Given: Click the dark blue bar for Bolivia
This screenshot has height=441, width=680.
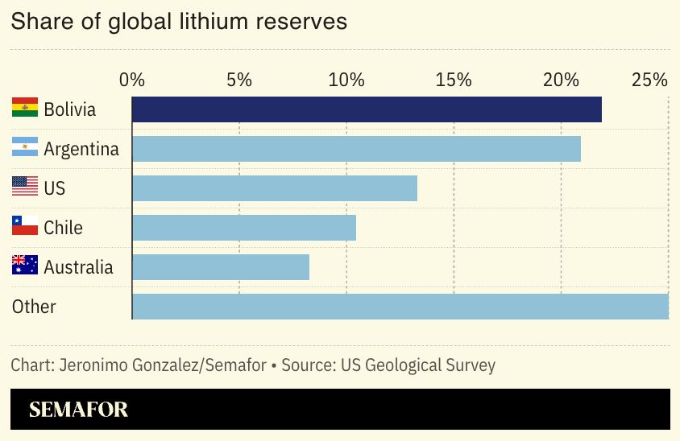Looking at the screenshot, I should click(x=367, y=109).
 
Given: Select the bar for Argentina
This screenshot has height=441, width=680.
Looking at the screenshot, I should click(x=356, y=149).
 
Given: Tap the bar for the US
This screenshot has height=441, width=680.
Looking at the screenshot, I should click(x=274, y=188).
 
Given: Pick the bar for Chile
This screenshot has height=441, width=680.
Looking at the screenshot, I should click(x=243, y=228).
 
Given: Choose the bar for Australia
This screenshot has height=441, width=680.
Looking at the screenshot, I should click(x=220, y=267).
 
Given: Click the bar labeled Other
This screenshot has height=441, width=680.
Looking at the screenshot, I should click(x=400, y=307).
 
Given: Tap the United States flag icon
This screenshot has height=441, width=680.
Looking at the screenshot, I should click(x=25, y=186).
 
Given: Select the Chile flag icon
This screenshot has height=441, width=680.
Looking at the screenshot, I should click(x=25, y=225).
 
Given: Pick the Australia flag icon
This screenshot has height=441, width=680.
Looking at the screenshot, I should click(x=25, y=265).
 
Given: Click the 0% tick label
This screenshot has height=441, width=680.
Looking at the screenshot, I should click(x=132, y=80).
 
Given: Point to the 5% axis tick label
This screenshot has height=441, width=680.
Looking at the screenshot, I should click(x=239, y=80).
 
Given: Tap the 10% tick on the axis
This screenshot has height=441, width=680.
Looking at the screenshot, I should click(x=346, y=80).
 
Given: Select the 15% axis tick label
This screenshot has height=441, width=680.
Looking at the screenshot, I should click(x=454, y=80).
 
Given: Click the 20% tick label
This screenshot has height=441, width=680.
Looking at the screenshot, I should click(x=561, y=80).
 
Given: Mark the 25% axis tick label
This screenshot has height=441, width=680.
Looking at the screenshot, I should click(x=649, y=80).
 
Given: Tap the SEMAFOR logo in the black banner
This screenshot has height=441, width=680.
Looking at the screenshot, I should click(x=78, y=410).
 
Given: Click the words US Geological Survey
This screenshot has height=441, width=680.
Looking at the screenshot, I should click(x=418, y=365).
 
